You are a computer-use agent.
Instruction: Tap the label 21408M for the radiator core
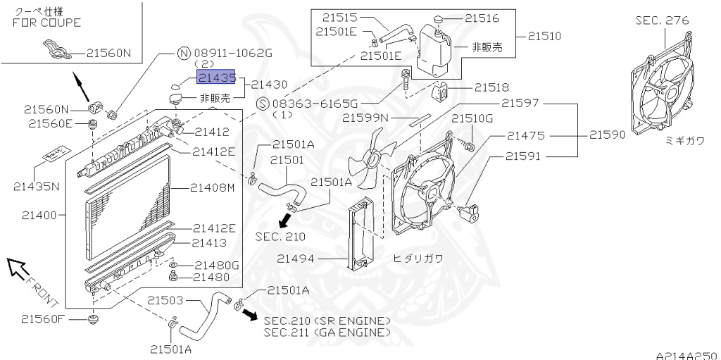pyautogui.click(x=211, y=187)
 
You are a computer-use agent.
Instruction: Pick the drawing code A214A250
pyautogui.click(x=686, y=354)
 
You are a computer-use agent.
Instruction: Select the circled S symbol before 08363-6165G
pyautogui.click(x=261, y=103)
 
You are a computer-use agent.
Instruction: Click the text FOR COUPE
pyautogui.click(x=46, y=22)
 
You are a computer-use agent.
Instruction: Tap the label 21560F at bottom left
pyautogui.click(x=42, y=318)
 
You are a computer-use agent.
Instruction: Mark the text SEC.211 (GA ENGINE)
pyautogui.click(x=327, y=331)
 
